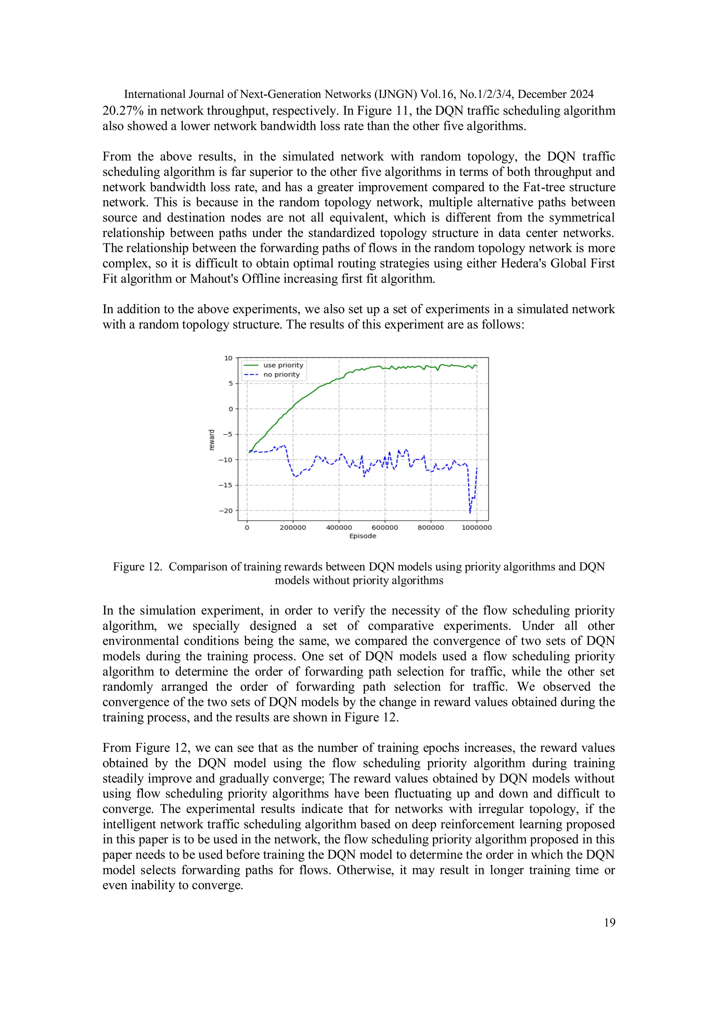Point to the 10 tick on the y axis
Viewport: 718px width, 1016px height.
point(228,358)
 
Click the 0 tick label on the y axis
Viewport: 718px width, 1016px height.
point(230,409)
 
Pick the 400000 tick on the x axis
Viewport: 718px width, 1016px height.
point(339,527)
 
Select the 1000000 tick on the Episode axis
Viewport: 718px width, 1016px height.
point(476,527)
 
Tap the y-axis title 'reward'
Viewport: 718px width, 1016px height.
point(211,440)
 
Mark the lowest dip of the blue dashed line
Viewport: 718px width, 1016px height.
point(470,512)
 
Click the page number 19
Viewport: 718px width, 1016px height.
point(609,922)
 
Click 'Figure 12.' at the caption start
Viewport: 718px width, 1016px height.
point(137,567)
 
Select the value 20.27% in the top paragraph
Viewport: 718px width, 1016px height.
point(123,110)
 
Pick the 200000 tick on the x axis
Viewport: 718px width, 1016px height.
point(293,527)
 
